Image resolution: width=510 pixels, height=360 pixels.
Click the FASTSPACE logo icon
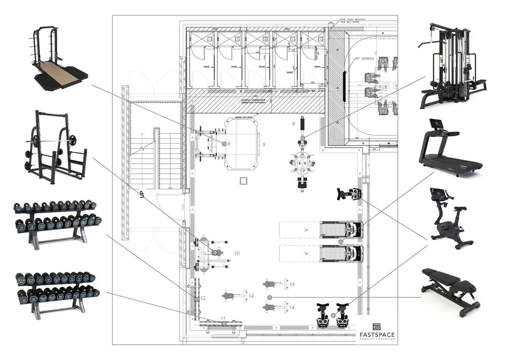pos(377,327)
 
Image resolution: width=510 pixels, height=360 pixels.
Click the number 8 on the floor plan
pos(229,144)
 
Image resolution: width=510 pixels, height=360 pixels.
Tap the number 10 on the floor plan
pos(237,253)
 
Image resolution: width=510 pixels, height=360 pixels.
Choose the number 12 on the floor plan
pos(202,298)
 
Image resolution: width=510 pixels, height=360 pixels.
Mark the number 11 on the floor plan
pos(222,319)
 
